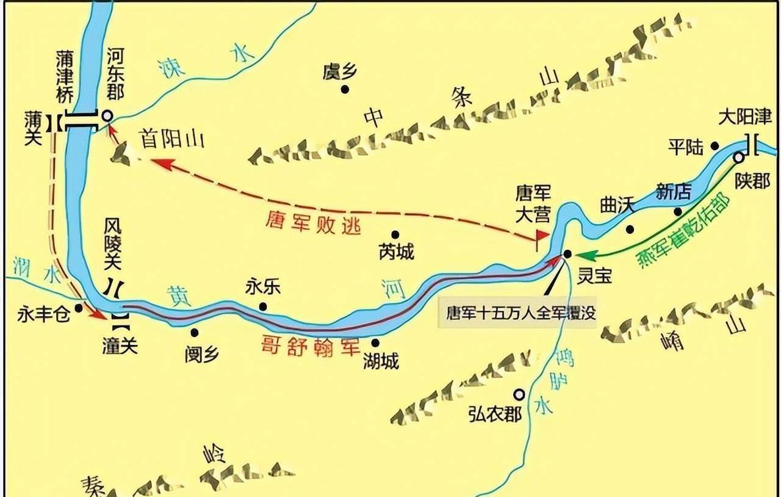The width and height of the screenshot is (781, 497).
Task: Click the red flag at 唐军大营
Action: [x=542, y=236]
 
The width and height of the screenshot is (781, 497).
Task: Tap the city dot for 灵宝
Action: [x=567, y=253]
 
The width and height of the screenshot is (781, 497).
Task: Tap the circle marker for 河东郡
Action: [x=107, y=115]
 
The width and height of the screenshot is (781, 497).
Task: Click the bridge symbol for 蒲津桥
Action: [x=81, y=121]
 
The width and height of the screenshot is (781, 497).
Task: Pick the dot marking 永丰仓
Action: [x=79, y=308]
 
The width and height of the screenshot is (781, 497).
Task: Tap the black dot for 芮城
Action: [x=395, y=234]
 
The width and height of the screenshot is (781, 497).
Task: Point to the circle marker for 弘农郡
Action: [x=519, y=394]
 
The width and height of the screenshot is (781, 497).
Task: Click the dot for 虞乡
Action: [x=345, y=89]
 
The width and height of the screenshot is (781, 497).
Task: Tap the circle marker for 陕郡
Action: [x=738, y=158]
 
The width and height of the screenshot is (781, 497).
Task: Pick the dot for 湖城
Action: [x=375, y=343]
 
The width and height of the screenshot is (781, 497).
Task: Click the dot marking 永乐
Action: [x=263, y=306]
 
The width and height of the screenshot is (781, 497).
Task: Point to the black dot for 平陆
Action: [x=715, y=146]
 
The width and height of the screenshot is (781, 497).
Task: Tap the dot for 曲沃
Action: [x=630, y=230]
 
